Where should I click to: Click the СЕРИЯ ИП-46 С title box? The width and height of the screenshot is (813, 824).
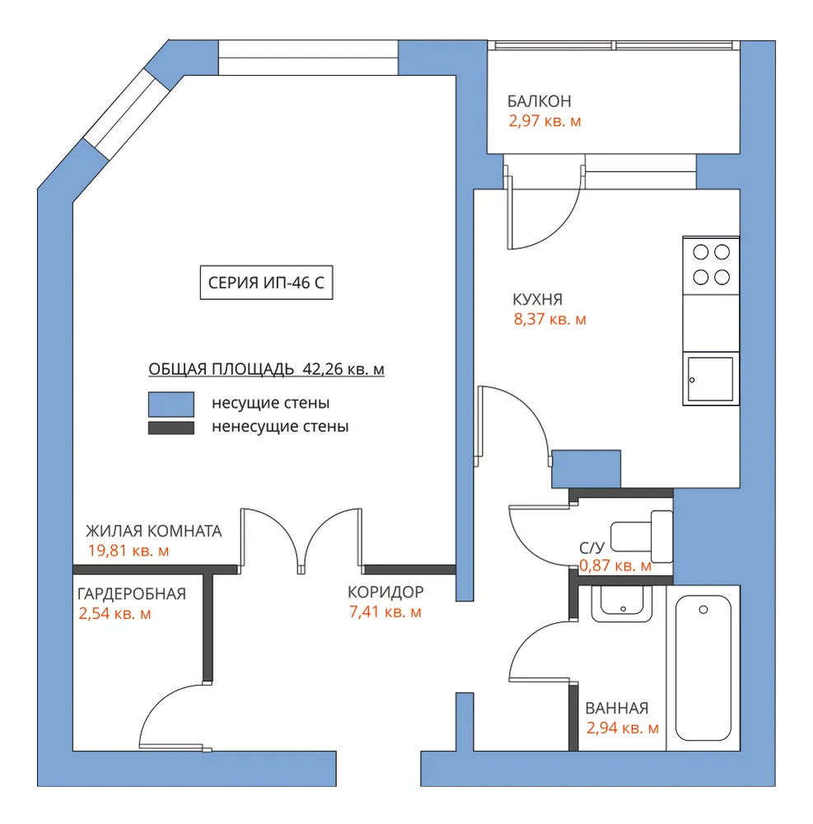tap(266, 283)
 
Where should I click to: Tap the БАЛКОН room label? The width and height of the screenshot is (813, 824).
tap(539, 101)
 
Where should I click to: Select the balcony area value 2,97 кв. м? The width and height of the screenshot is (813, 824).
tap(544, 121)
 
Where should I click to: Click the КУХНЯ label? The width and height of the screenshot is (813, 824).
tap(537, 300)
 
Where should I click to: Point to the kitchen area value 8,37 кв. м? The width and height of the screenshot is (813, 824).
tap(550, 319)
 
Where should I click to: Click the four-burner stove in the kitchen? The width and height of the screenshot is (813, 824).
tap(711, 265)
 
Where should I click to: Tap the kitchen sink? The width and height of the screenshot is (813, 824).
tap(711, 379)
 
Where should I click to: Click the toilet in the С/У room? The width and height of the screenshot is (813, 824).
tap(642, 536)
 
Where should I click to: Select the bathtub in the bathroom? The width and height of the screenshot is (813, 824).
tap(703, 667)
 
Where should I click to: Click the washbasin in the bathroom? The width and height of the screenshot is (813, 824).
tap(622, 603)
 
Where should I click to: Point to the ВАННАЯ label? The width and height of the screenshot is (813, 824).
tap(617, 708)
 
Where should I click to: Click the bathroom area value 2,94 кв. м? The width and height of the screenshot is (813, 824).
tap(623, 728)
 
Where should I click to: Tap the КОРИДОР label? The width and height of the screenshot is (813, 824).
tap(385, 592)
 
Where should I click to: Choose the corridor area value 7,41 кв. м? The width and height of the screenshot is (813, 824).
tap(385, 611)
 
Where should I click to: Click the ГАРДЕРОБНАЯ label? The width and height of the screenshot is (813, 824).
tap(131, 594)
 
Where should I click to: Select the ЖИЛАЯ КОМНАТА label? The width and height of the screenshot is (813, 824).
tap(154, 531)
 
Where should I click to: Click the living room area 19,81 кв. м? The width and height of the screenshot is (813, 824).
tap(128, 550)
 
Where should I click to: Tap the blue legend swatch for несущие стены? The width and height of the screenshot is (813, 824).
tap(171, 404)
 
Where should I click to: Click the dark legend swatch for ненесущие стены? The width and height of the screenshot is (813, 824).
tap(171, 428)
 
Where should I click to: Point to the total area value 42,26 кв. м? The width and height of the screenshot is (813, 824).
tap(343, 369)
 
